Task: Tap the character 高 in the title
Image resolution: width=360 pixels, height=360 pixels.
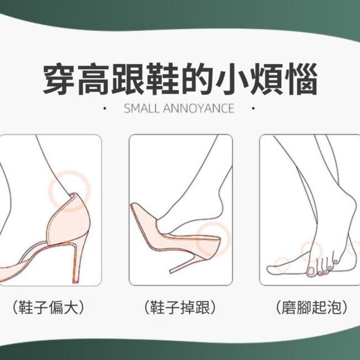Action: click(94, 79)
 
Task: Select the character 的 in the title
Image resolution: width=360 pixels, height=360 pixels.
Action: click(197, 79)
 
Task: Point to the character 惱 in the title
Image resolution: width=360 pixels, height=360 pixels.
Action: click(301, 79)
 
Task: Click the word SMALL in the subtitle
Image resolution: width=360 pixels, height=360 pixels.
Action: click(141, 109)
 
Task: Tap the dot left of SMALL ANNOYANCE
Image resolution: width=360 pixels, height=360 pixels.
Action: click(105, 109)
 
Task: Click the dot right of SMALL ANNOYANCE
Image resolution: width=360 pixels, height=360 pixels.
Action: click(253, 109)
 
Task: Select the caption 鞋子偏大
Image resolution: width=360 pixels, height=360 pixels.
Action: click(48, 307)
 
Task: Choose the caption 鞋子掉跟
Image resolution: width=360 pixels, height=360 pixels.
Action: click(180, 307)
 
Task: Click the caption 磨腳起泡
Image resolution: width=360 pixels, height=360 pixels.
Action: click(312, 307)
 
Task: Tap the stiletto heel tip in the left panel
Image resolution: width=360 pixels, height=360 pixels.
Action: click(75, 281)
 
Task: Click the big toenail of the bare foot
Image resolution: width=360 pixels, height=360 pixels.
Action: click(311, 271)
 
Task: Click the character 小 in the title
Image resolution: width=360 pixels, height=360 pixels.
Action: click(232, 79)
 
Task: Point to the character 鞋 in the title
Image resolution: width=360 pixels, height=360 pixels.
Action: click(163, 79)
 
